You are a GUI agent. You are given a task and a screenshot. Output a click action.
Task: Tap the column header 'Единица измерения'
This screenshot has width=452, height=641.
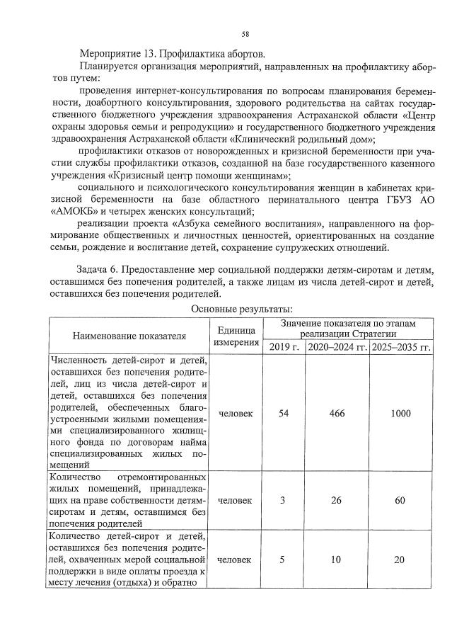(236, 336)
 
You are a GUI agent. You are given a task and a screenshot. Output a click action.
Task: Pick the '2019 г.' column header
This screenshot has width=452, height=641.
(283, 346)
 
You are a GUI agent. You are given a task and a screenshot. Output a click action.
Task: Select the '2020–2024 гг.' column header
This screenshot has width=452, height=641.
(337, 346)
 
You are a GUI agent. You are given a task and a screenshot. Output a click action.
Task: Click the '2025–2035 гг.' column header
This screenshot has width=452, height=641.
(400, 346)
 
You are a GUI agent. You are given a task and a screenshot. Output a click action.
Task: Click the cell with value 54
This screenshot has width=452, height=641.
(283, 414)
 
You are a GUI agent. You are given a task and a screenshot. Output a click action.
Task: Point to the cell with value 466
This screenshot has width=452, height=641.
(337, 414)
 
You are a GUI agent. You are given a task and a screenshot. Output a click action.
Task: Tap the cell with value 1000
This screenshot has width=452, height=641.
(400, 414)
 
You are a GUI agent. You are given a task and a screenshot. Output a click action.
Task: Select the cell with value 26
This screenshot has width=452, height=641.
(337, 501)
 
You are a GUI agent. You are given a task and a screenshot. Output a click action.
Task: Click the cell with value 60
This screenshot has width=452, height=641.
(400, 501)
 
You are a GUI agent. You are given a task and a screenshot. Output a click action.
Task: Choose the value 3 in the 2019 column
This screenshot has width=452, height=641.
(282, 501)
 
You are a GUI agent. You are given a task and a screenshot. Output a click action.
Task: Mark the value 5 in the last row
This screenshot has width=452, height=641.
(282, 560)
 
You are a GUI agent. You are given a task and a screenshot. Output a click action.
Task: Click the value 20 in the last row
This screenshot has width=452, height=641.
(400, 560)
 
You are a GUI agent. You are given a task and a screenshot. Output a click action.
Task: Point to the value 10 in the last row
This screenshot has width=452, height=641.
(337, 560)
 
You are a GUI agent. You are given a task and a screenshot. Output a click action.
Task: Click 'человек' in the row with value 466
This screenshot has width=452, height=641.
(236, 414)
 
